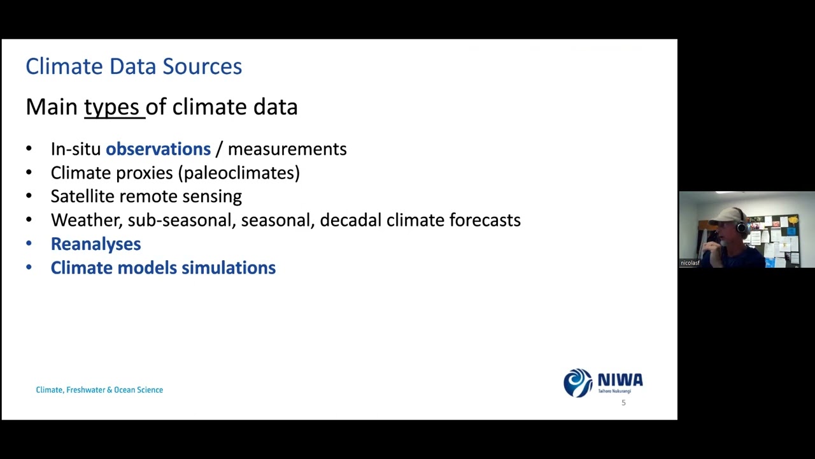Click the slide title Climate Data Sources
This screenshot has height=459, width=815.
pos(134,66)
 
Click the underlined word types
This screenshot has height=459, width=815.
pos(111,107)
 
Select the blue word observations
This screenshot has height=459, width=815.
pos(158,149)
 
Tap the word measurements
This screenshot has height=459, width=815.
pos(287,149)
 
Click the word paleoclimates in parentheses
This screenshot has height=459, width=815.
pos(241,173)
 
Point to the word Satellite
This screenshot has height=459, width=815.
pos(83,196)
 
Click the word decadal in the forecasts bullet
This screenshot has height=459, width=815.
pos(351,220)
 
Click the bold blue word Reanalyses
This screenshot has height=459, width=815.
pos(96,244)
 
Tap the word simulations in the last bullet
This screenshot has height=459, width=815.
pos(229,268)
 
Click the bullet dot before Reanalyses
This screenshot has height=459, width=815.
pos(29,244)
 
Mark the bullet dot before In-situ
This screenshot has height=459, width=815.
pos(29,149)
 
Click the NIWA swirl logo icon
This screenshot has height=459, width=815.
pos(578,383)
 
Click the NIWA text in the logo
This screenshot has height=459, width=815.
pos(620,381)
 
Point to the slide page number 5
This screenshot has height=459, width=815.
pos(623,403)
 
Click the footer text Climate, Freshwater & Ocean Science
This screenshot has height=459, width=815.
pos(99,390)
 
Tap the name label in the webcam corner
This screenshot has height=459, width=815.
pos(690,263)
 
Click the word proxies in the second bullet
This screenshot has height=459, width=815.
pos(144,173)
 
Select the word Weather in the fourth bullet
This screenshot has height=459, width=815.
pos(85,220)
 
